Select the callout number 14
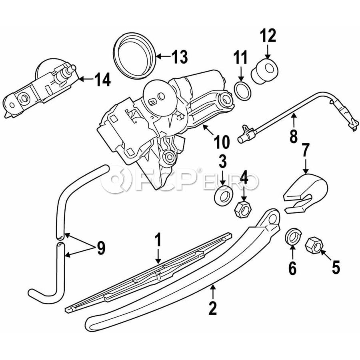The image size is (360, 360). [102, 80]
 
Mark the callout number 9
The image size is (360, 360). [100, 248]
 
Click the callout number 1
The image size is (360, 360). [158, 241]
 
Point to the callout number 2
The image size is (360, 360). [212, 307]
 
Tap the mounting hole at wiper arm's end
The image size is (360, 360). [273, 217]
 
